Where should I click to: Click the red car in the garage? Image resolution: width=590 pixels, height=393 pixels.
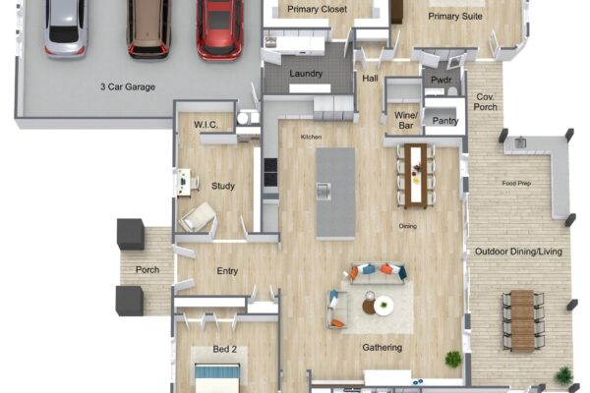pos(219,28)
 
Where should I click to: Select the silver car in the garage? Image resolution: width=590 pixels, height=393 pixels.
pos(66,28)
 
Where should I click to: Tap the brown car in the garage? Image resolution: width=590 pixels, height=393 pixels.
pos(149,28)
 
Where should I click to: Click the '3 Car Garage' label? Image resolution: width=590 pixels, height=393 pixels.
pos(128,86)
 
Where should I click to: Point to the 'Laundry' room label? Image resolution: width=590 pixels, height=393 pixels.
pos(306,74)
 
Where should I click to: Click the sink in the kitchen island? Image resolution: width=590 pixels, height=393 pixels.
pos(324,191)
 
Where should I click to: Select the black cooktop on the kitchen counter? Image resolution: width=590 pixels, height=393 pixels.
pos(270,172)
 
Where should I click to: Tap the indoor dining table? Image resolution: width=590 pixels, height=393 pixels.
pos(415,176)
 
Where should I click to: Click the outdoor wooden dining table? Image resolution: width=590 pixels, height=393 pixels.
pos(523,320)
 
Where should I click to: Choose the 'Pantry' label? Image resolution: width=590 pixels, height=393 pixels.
pos(445,121)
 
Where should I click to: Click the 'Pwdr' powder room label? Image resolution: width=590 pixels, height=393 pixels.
pos(441,81)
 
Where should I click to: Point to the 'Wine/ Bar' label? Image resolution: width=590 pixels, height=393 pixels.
pos(405,120)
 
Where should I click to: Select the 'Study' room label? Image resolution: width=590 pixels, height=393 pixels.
pos(223,186)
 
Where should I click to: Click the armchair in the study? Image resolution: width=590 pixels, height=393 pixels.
pos(198,217)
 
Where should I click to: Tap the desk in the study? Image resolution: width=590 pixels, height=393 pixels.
pos(184,182)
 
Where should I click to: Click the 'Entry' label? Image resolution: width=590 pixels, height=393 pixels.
pos(227,271)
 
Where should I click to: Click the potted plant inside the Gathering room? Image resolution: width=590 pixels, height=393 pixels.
pos(453,359)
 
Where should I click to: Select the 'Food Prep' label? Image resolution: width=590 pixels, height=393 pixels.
pos(516,183)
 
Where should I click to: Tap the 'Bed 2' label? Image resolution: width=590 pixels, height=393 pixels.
pos(224,349)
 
